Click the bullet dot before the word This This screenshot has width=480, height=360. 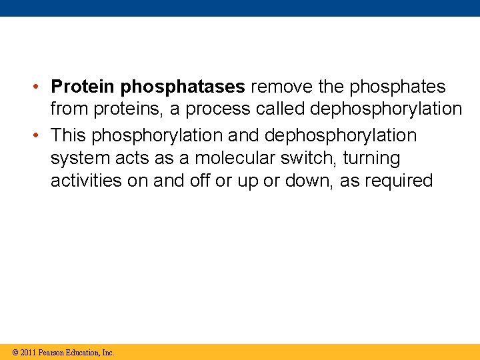(x=41, y=135)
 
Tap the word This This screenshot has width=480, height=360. (x=69, y=135)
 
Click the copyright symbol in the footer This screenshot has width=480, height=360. (x=15, y=352)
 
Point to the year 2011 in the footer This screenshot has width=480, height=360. (x=28, y=352)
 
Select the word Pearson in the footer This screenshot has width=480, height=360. (x=51, y=352)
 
